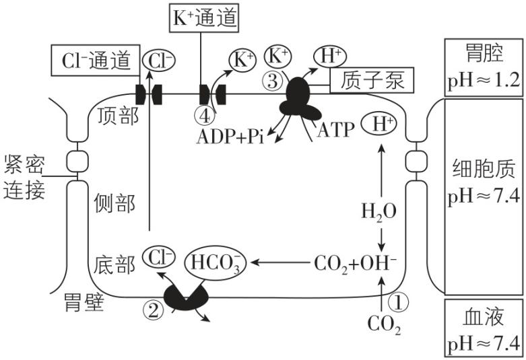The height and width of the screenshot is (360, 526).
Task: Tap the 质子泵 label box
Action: click(371, 81)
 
